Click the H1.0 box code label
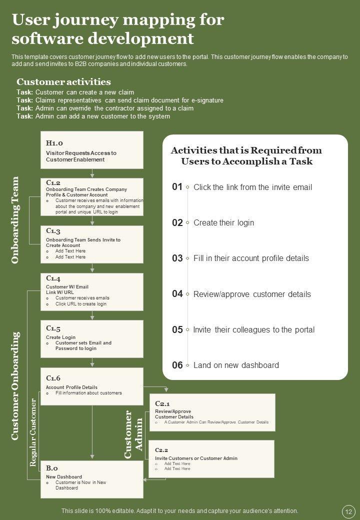pos(54,142)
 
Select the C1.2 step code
pos(53,183)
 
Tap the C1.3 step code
pos(53,231)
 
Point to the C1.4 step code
pos(53,278)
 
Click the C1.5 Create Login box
pos(91,339)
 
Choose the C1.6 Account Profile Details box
pos(91,386)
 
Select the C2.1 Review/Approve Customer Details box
pos(212,412)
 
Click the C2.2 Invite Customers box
pos(212,458)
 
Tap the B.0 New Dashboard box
pos(91,479)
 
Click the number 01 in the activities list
pos(177,187)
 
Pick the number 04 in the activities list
pos(177,294)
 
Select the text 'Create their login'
pos(223,222)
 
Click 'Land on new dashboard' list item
pos(236,365)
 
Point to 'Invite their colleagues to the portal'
pos(254,329)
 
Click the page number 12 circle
pos(348,511)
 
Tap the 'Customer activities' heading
pos(63,82)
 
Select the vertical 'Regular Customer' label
pos(33,432)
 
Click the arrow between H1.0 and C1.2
pos(92,173)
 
